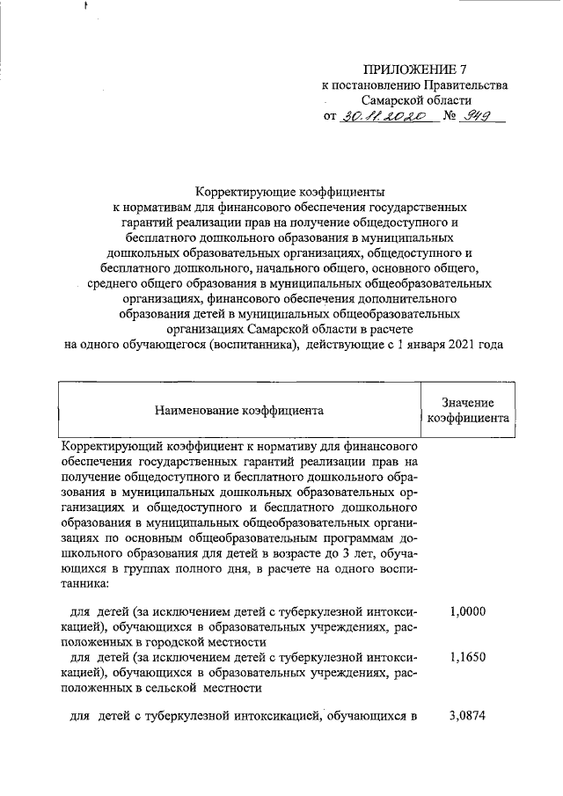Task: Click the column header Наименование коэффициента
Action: click(239, 410)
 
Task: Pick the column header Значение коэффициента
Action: click(469, 410)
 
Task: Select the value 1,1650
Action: click(467, 657)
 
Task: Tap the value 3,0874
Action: click(467, 717)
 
